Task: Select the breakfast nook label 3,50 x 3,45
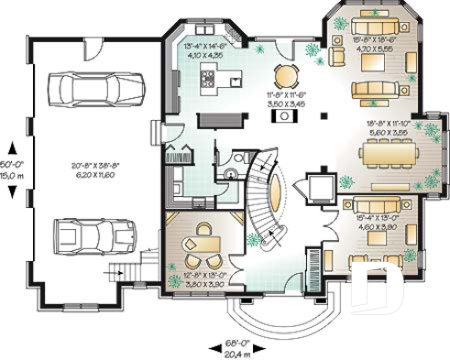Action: (x=287, y=99)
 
